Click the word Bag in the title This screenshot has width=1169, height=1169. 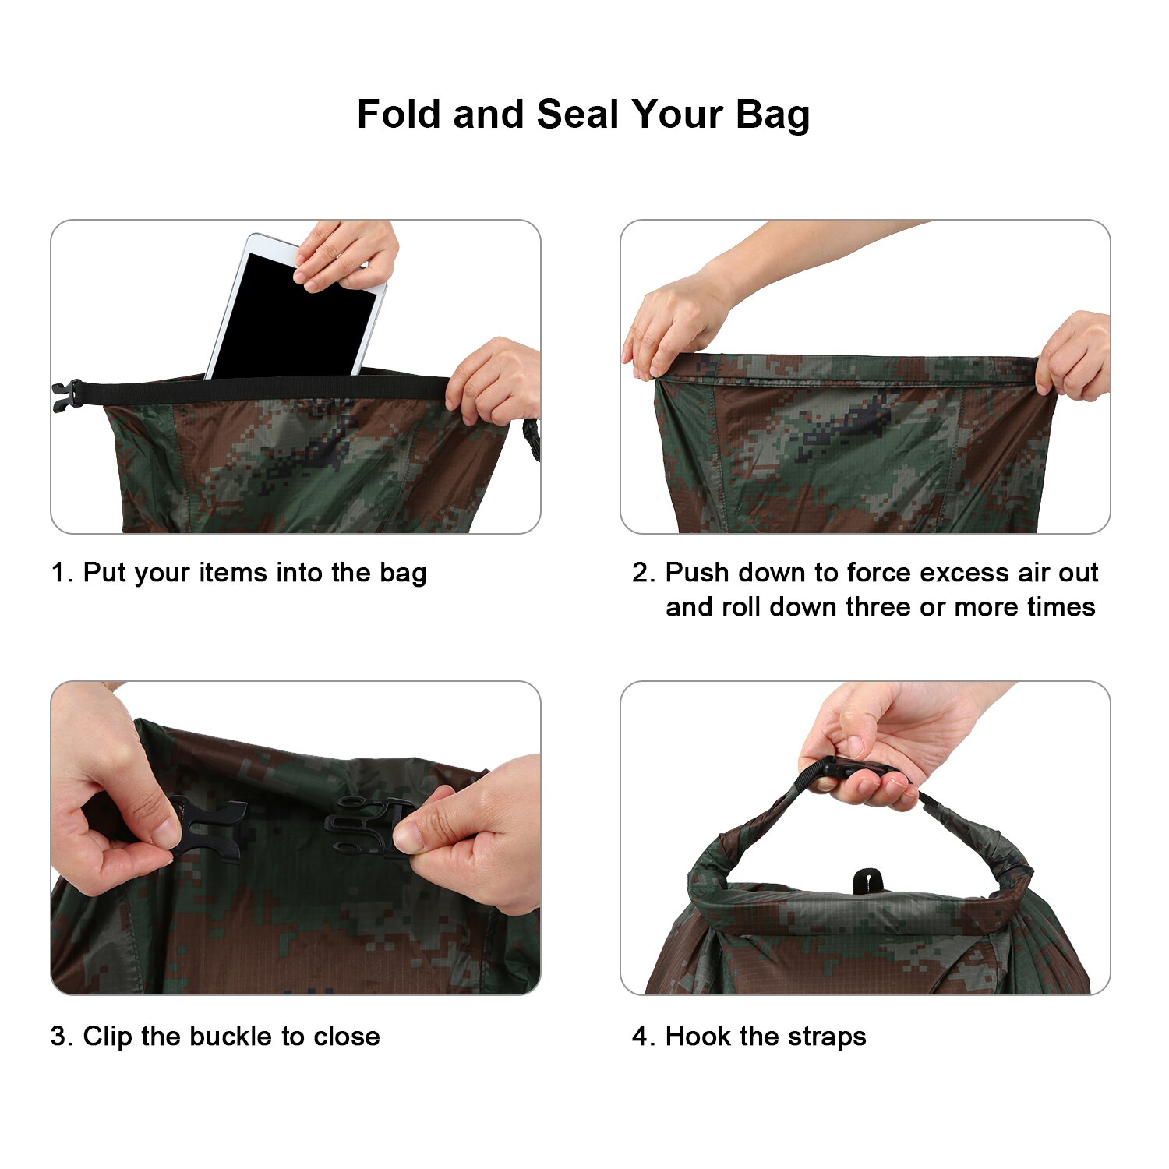tap(772, 115)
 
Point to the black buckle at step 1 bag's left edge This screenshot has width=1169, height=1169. tap(67, 395)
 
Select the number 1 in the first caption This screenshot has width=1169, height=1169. tap(58, 573)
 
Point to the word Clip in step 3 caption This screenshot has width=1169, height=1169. tap(108, 1037)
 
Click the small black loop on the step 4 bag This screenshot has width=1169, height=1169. tap(867, 881)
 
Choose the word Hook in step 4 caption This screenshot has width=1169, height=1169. tap(698, 1037)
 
